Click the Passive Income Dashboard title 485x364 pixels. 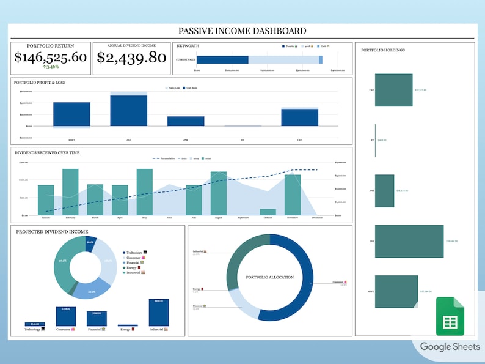point(242,31)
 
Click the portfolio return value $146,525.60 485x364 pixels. point(51,58)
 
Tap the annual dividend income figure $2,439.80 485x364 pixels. point(131,58)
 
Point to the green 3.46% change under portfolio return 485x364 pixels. point(51,67)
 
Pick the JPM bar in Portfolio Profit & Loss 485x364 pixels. point(186,121)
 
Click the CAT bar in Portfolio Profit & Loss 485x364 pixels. point(299,117)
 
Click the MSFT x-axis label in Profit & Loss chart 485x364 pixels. point(71,140)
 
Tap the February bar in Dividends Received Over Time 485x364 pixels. point(70,192)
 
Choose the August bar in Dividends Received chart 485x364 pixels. point(219,193)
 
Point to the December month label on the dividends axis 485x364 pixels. point(317,218)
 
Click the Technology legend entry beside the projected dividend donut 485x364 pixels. point(135,253)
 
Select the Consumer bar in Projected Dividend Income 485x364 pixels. point(65,317)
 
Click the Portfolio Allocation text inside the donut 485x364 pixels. point(269,277)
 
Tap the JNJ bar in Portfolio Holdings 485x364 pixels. point(409,241)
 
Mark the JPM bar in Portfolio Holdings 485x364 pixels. point(384,190)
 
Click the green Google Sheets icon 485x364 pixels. point(450,316)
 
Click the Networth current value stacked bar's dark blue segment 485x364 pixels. point(222,59)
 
